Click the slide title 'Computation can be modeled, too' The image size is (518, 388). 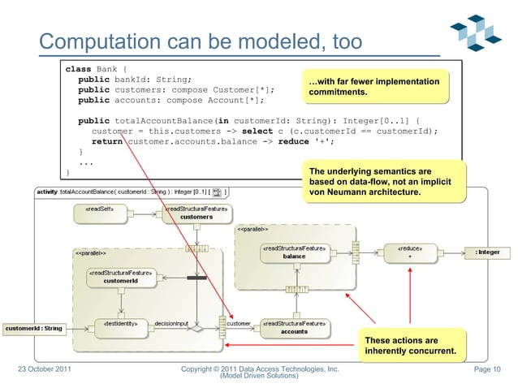[201, 41]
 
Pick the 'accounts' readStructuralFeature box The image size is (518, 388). [294, 327]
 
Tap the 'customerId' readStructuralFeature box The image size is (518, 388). [119, 277]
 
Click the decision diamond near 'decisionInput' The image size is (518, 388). [194, 330]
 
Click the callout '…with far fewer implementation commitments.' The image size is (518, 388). [374, 89]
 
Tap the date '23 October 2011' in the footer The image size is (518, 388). [48, 371]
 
